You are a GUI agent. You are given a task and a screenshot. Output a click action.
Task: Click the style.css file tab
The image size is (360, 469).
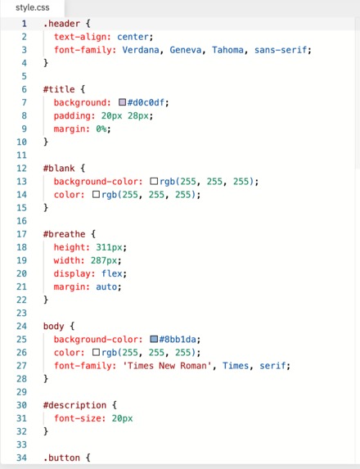click(x=32, y=7)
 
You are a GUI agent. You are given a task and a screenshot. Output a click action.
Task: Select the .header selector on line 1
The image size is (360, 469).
click(x=61, y=24)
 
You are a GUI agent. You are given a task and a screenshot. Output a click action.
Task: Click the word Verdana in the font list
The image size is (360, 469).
click(x=141, y=50)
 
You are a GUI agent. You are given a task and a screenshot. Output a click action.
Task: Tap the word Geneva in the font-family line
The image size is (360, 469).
click(x=186, y=50)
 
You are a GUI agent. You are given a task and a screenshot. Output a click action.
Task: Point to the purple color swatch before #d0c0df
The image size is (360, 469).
click(x=122, y=102)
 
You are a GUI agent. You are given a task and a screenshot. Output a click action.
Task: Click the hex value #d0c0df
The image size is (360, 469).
click(x=146, y=102)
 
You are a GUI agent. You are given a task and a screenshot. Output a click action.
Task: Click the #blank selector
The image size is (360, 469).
click(x=59, y=169)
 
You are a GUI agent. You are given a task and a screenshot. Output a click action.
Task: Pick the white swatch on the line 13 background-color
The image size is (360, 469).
click(x=154, y=181)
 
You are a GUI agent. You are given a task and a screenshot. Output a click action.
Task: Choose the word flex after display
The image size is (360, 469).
click(x=112, y=273)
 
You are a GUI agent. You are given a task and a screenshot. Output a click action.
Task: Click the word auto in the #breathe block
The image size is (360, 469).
click(x=106, y=286)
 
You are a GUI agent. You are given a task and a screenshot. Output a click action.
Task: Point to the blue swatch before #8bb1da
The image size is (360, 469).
click(x=154, y=339)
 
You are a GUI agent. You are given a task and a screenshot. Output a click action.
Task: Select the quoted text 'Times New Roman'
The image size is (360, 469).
click(x=167, y=366)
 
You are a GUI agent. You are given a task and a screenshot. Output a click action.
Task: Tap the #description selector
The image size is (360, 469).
click(x=74, y=405)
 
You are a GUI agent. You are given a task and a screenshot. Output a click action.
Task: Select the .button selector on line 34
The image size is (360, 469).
click(x=61, y=458)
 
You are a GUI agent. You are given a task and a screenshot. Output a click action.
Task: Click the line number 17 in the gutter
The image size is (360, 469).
click(x=21, y=234)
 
